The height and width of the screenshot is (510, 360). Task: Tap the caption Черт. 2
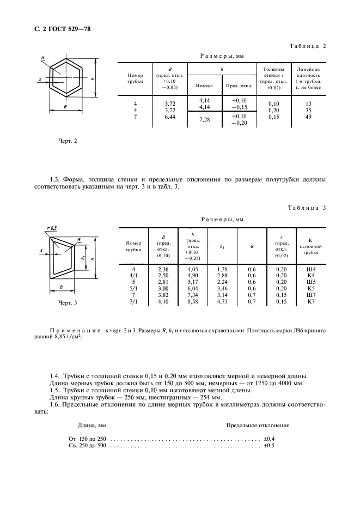point(68,141)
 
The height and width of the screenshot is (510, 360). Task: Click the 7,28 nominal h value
point(205,119)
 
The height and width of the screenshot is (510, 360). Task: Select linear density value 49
point(308,117)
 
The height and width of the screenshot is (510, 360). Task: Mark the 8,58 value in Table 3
point(193,301)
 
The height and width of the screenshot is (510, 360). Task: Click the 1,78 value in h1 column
point(222,269)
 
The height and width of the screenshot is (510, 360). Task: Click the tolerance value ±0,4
point(269,438)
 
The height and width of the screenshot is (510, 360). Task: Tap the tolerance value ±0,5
point(269,446)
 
